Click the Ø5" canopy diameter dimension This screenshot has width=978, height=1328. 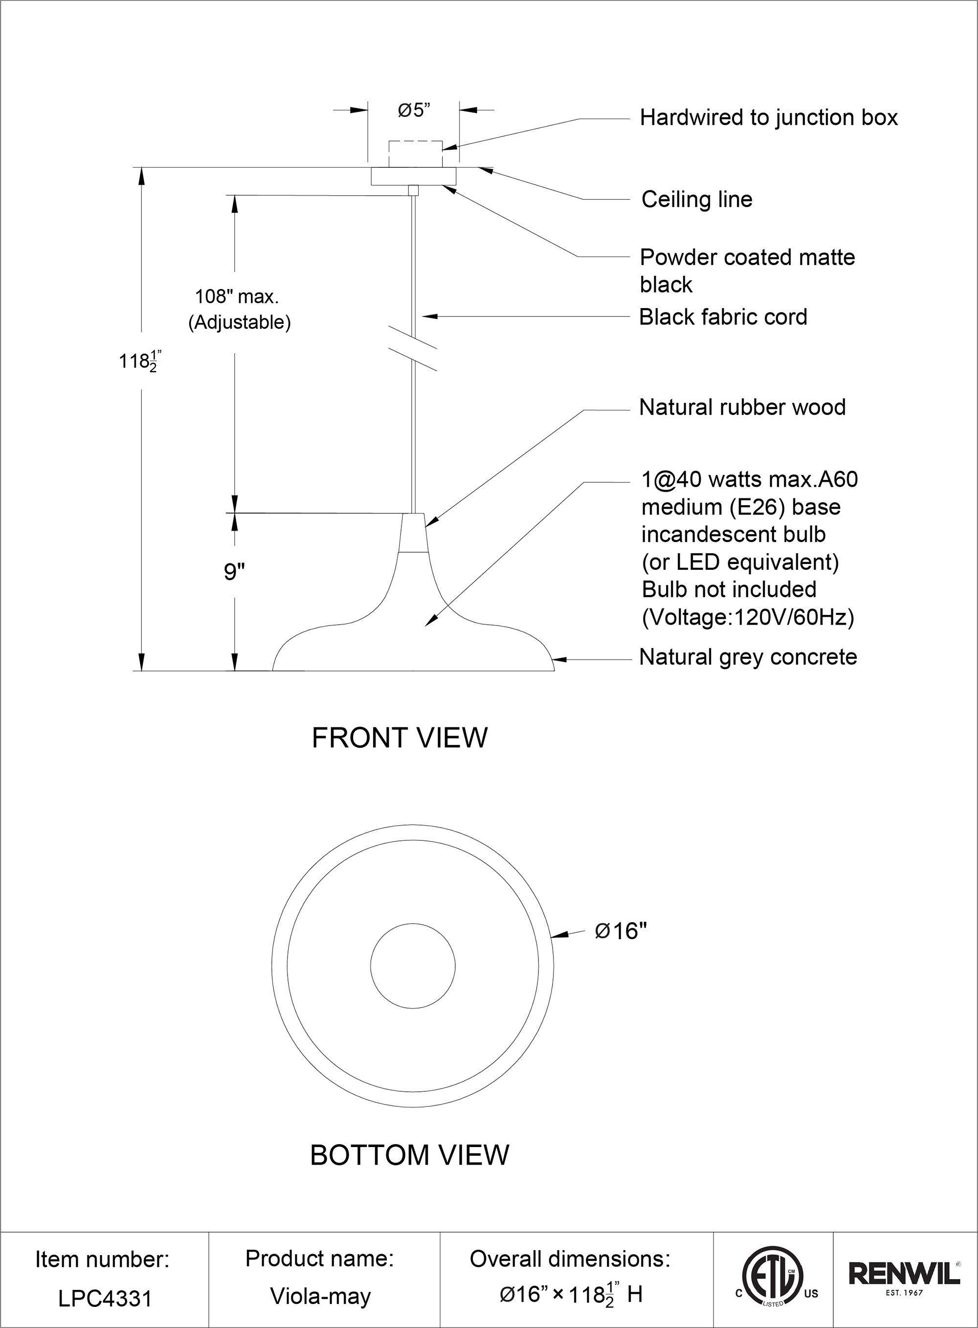pyautogui.click(x=414, y=111)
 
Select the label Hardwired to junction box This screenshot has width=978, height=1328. pyautogui.click(x=768, y=118)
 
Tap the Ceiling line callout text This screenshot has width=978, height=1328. pyautogui.click(x=697, y=200)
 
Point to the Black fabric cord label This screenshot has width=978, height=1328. pyautogui.click(x=723, y=317)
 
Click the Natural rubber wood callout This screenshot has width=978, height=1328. pyautogui.click(x=742, y=407)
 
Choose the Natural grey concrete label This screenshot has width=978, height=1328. pyautogui.click(x=748, y=657)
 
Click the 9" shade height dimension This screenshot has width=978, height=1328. pyautogui.click(x=234, y=572)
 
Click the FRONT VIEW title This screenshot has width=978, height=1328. pyautogui.click(x=400, y=738)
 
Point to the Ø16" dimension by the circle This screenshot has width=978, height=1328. pyautogui.click(x=621, y=931)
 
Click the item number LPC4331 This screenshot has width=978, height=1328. pyautogui.click(x=105, y=1299)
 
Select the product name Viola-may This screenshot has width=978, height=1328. pyautogui.click(x=320, y=1297)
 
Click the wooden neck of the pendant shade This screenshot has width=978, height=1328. pyautogui.click(x=413, y=533)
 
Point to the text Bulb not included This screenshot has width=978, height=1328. pyautogui.click(x=729, y=590)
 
